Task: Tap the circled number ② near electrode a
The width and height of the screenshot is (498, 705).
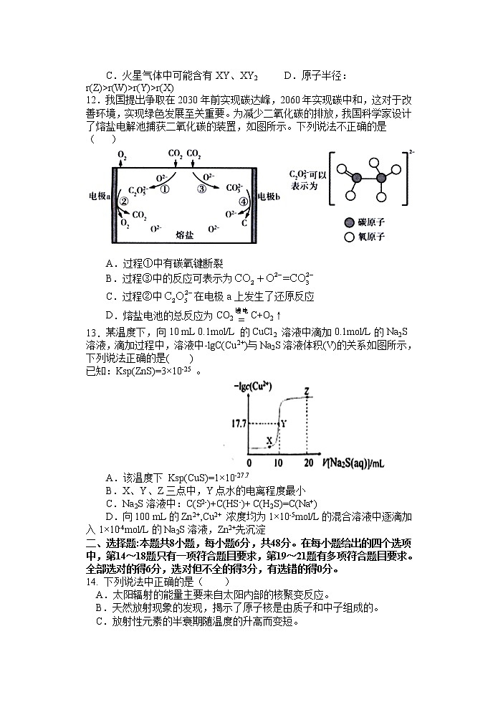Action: pos(125,202)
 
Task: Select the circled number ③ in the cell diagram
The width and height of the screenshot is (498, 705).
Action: pos(202,189)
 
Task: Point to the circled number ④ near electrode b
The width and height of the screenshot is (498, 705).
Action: pos(243,202)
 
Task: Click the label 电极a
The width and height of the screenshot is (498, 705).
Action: pos(99,195)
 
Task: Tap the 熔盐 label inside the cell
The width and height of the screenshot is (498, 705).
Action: pos(185,235)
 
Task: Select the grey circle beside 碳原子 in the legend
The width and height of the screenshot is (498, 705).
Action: pos(349,222)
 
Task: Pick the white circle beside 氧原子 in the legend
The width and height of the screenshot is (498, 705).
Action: pos(349,237)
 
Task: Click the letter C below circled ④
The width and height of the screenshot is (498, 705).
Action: pos(244,223)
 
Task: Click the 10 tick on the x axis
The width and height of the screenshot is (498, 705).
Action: pos(278,463)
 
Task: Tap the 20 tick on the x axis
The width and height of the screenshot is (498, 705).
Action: pos(309,463)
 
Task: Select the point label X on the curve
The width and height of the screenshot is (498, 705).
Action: pos(269,440)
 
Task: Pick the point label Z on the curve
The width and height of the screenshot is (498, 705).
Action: pos(307,390)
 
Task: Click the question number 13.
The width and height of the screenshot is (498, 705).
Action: pos(91,332)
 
